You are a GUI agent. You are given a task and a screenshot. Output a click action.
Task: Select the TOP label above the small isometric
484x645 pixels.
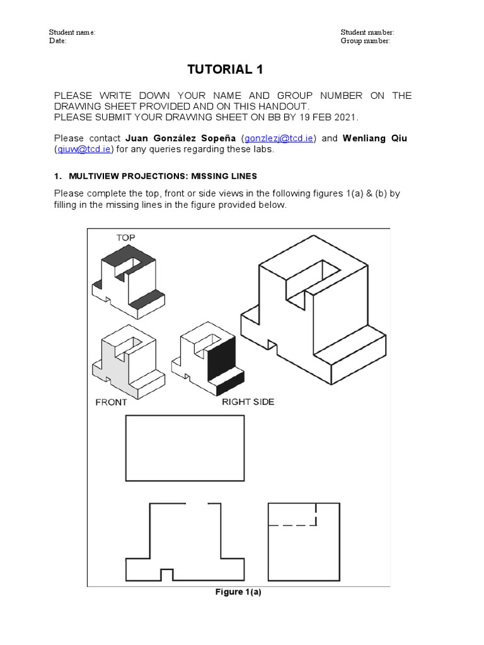(125, 237)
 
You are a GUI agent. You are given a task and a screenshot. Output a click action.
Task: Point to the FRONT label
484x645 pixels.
(111, 402)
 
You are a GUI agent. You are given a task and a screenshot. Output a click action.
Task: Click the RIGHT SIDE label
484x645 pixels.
(248, 402)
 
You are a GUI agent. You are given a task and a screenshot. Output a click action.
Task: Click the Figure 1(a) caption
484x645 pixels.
(238, 592)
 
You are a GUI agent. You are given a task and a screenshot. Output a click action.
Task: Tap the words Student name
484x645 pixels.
(72, 32)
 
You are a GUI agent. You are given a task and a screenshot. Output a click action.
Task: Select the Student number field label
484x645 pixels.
(367, 32)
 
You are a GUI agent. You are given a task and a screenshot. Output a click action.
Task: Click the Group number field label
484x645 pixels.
(366, 41)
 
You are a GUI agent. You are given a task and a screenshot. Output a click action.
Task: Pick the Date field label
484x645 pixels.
(57, 41)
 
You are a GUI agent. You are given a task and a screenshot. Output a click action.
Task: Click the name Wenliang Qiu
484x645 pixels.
(374, 138)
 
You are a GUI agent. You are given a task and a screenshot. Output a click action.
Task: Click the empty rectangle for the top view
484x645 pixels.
(185, 448)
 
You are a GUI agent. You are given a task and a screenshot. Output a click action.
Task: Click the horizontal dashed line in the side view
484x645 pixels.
(292, 524)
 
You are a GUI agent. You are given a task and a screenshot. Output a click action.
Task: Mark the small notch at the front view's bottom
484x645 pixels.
(167, 574)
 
